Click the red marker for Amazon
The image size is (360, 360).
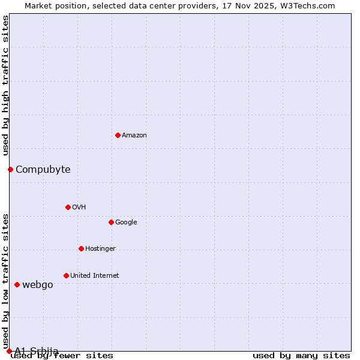click(118, 135)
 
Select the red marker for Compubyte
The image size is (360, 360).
click(10, 169)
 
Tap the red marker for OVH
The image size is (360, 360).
click(68, 207)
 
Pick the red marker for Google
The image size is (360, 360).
click(111, 222)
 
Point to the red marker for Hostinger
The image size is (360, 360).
click(81, 248)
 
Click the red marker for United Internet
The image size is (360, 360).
click(66, 275)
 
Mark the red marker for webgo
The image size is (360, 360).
click(17, 284)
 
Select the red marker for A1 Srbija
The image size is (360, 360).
click(9, 351)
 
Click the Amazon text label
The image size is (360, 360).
click(134, 135)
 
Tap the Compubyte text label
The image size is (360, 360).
click(43, 169)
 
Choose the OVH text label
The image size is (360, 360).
click(79, 207)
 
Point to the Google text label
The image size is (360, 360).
click(126, 222)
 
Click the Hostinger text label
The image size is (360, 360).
click(100, 248)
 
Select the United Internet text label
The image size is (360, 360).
click(95, 275)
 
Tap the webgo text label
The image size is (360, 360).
click(38, 284)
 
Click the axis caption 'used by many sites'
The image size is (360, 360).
click(301, 355)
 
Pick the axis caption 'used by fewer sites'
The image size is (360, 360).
click(62, 355)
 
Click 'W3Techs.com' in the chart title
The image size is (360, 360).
click(310, 5)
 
